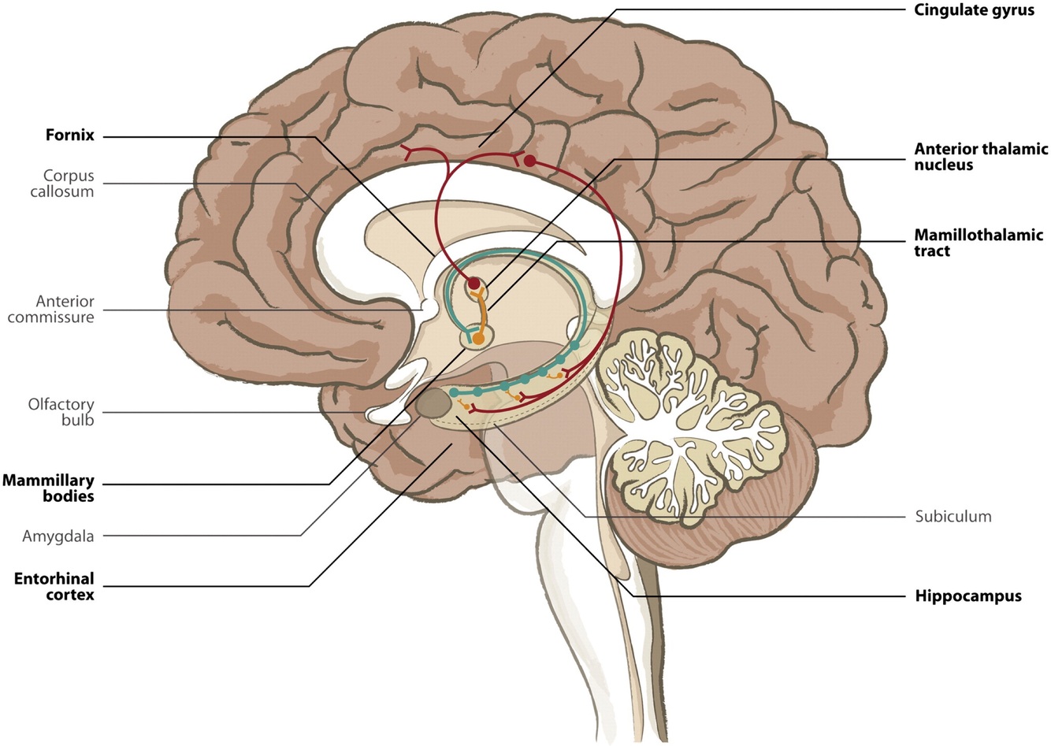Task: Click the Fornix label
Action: (69, 135)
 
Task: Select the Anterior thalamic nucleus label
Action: (981, 157)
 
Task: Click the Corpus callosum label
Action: (69, 184)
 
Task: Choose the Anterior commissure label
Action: (65, 309)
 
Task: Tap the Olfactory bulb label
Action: (61, 412)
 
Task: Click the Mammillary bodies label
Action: (48, 488)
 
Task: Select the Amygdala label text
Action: (59, 536)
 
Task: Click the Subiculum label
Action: (953, 517)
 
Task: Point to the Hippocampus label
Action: (967, 596)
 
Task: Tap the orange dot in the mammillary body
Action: (477, 340)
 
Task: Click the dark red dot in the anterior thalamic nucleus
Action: (473, 283)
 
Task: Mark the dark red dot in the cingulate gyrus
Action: (530, 162)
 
